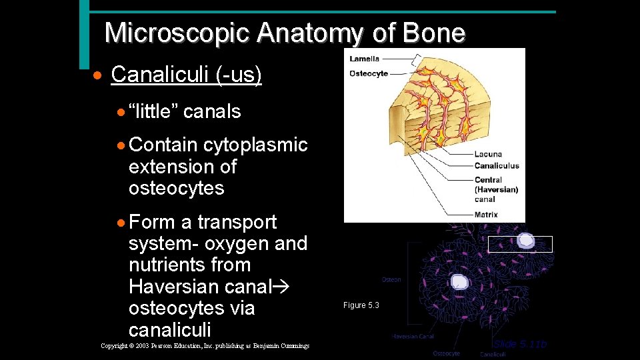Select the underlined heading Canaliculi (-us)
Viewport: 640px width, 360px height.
(186, 75)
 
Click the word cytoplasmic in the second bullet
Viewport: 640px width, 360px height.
(255, 145)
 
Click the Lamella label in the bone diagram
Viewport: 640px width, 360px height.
(365, 59)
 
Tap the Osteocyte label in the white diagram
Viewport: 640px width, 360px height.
(369, 73)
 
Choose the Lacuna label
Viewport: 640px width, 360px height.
(488, 154)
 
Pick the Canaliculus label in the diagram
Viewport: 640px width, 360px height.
(497, 165)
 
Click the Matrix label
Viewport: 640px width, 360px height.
(486, 215)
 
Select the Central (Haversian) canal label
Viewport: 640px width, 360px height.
(496, 189)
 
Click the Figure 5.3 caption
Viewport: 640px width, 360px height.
(361, 305)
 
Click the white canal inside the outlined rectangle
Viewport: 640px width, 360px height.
(526, 241)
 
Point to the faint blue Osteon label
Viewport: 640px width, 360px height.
(391, 279)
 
